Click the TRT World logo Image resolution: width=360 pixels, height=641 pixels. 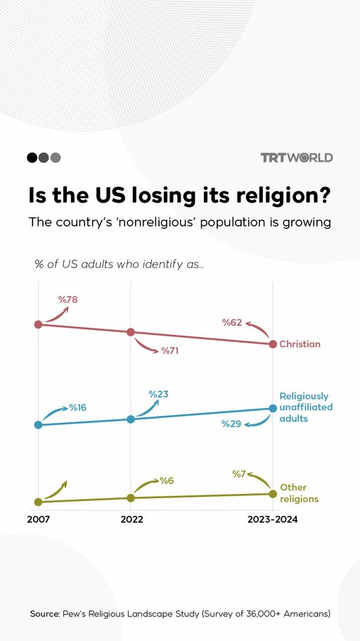point(296,158)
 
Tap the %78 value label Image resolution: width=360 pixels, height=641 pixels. point(67,300)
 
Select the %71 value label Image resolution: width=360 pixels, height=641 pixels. point(169,350)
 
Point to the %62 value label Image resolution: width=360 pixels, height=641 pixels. point(232,323)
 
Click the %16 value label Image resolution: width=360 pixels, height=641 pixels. point(77,408)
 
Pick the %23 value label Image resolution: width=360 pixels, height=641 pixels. point(159,394)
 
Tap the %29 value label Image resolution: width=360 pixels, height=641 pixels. point(231,424)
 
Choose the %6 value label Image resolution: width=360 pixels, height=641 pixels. point(166,481)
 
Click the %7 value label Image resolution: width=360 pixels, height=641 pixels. point(239,474)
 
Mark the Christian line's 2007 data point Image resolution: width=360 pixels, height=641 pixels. point(38,324)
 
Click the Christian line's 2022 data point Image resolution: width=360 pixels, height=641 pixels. point(131,332)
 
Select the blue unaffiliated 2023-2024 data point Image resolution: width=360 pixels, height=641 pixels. point(273,408)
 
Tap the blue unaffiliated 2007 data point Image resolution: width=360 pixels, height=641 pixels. point(38,425)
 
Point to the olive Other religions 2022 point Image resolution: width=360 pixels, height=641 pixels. point(131,497)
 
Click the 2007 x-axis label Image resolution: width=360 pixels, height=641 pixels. point(38,520)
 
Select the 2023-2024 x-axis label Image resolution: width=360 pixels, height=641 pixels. point(272,520)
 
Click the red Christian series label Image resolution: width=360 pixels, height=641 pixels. point(300,344)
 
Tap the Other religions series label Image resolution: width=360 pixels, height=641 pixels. point(299,493)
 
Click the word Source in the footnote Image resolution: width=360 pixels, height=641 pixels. point(44,614)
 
